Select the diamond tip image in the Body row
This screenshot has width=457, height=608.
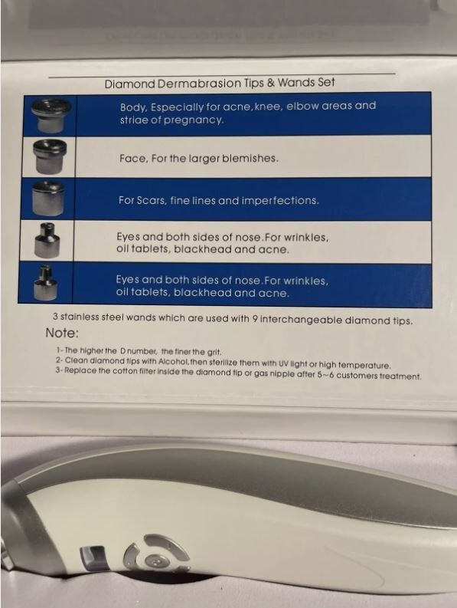[x=51, y=115]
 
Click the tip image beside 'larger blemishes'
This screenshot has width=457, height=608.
[x=49, y=156]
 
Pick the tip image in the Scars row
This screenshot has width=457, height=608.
[x=48, y=199]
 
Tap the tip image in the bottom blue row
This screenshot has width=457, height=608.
[x=45, y=283]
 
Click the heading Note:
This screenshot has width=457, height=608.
[x=62, y=333]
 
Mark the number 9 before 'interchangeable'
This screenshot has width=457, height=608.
[x=255, y=320]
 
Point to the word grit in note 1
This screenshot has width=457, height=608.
[x=214, y=353]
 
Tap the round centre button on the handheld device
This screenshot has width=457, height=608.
[x=155, y=562]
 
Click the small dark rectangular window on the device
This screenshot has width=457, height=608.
[x=93, y=558]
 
